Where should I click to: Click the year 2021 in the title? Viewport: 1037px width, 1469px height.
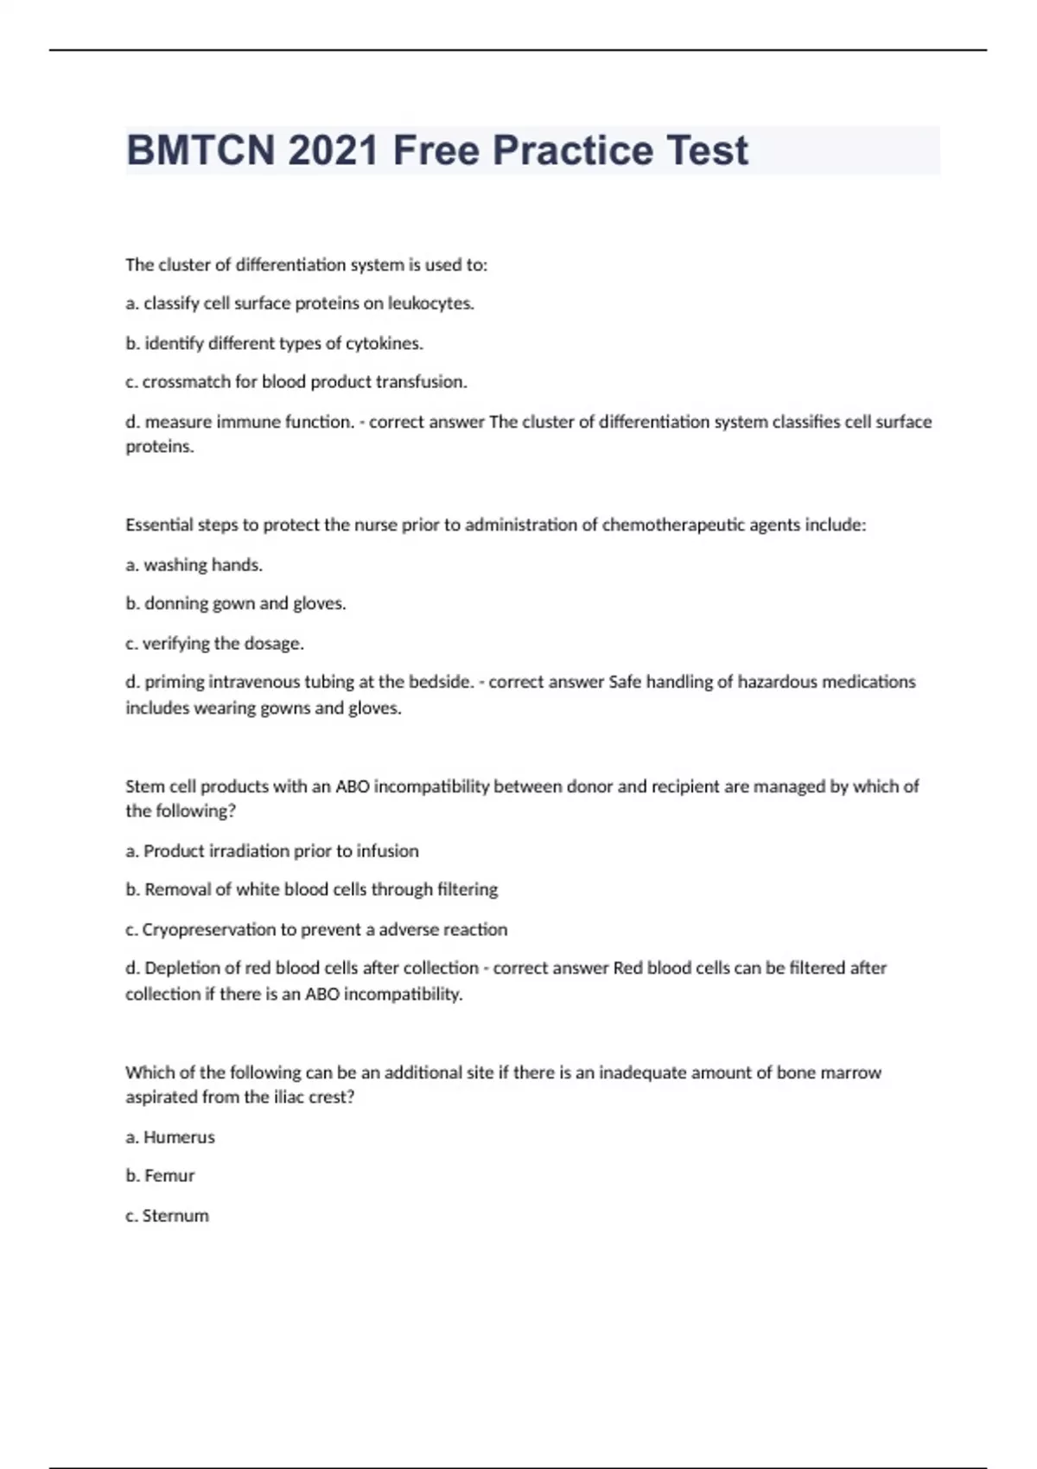tap(334, 150)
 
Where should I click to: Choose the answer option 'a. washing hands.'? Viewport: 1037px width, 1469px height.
tap(194, 565)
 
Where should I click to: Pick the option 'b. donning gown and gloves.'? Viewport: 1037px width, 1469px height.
tap(236, 603)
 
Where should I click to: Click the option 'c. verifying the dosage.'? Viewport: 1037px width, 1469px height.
tap(215, 643)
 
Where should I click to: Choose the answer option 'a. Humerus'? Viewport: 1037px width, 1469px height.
tap(170, 1137)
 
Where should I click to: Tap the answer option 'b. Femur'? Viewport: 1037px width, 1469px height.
tap(161, 1176)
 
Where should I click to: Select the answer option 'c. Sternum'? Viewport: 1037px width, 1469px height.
tap(168, 1216)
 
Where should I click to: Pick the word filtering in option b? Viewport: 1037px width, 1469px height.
tap(468, 889)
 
